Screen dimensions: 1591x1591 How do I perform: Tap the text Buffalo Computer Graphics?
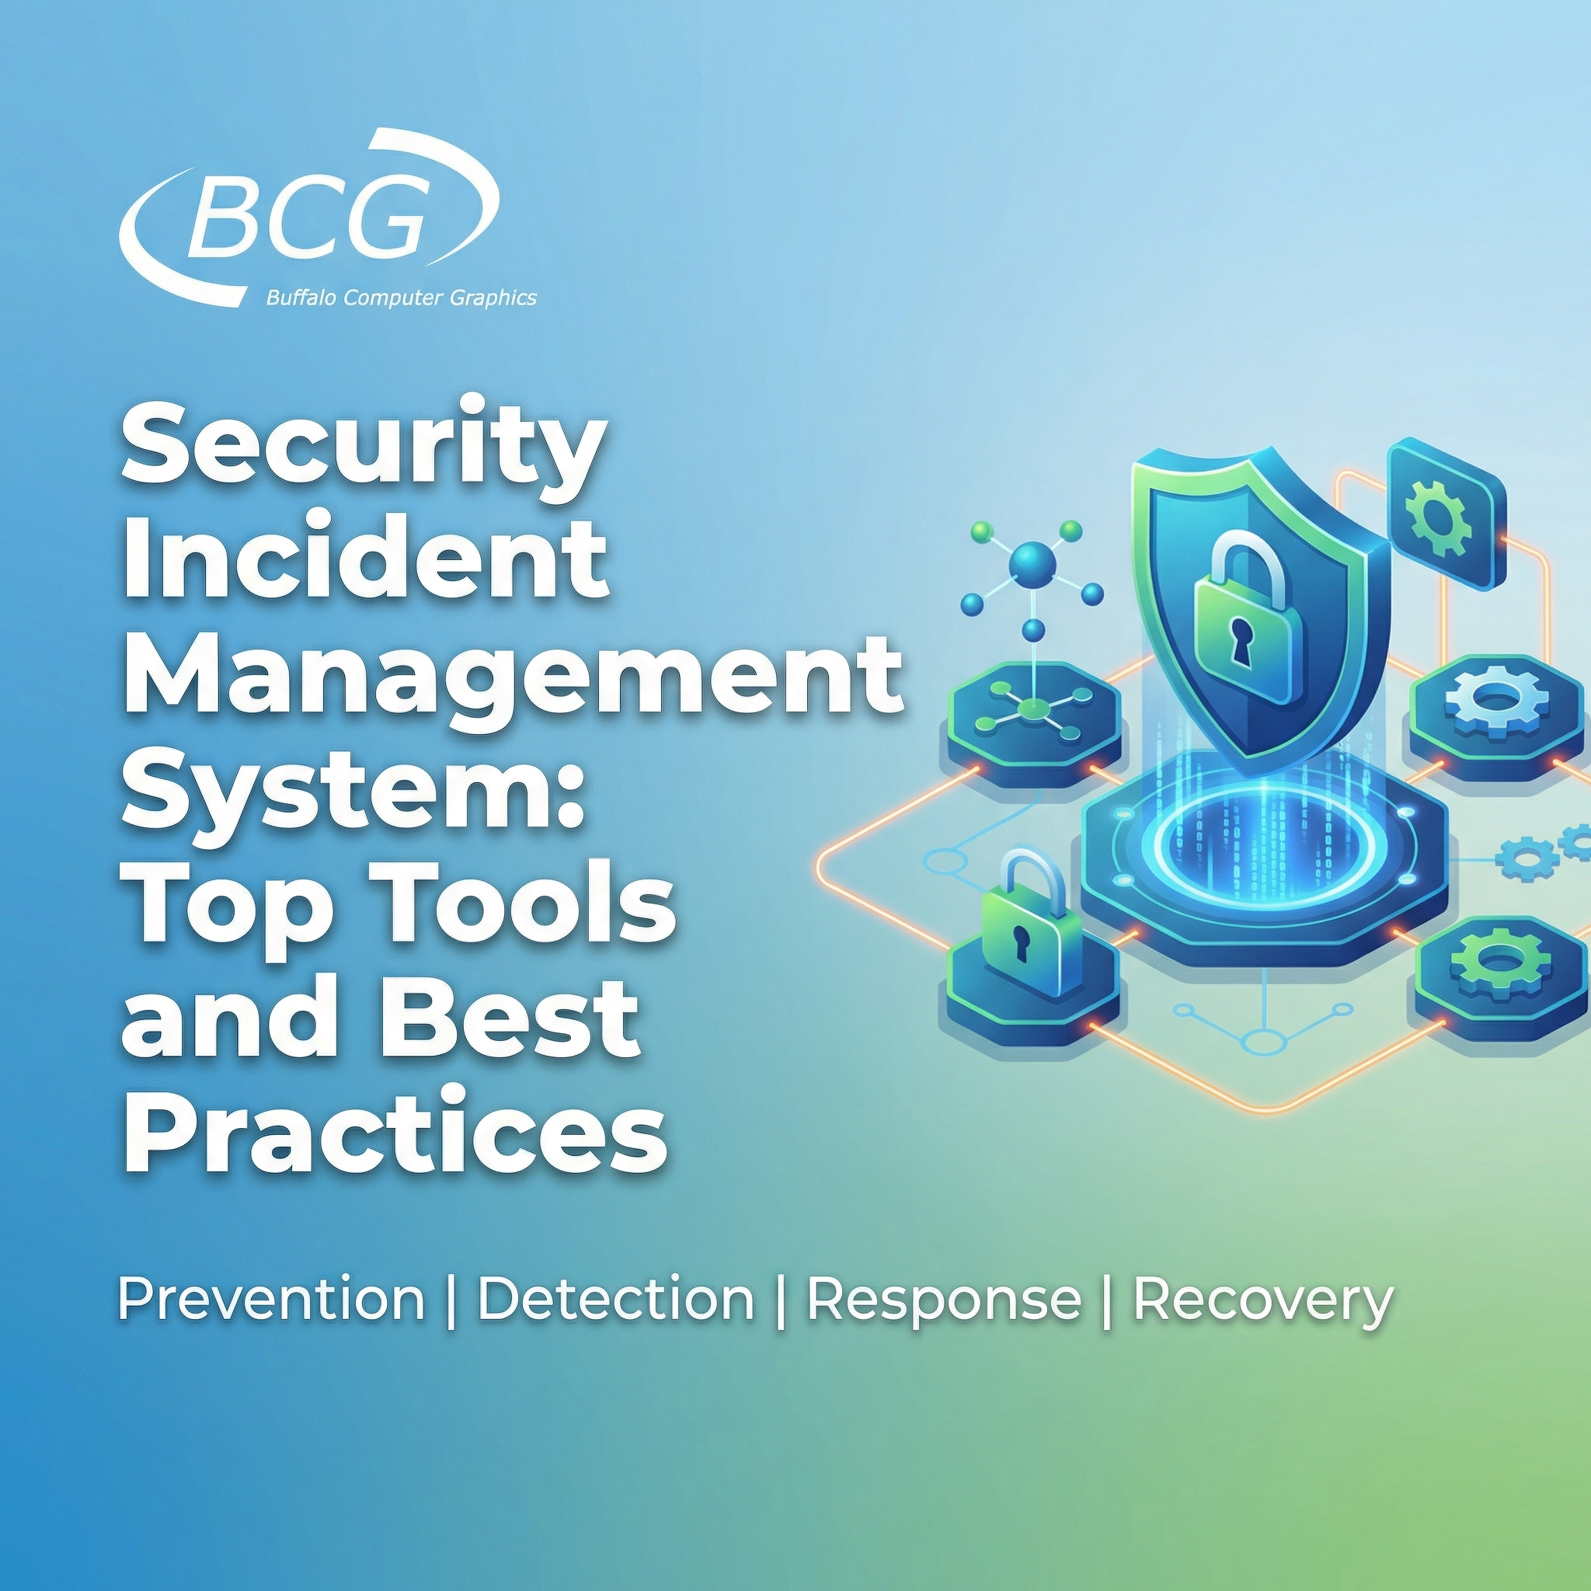(x=401, y=298)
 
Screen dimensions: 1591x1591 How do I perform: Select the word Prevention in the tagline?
(x=271, y=1300)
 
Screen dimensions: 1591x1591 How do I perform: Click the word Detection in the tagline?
(x=616, y=1300)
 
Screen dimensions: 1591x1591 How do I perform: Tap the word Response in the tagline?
(x=943, y=1300)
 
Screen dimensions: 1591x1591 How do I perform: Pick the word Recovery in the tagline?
(x=1262, y=1300)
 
